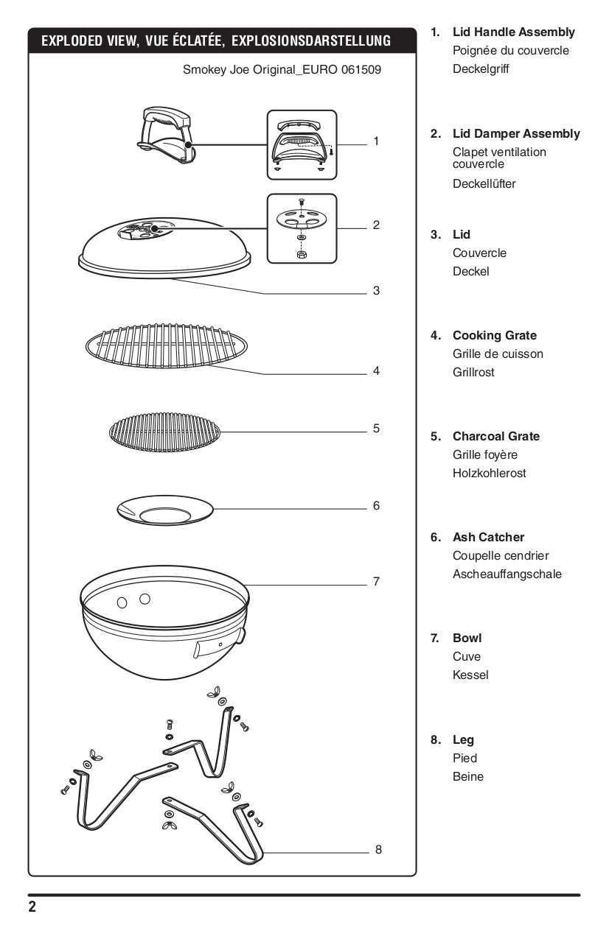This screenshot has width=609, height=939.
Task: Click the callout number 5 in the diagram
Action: [376, 428]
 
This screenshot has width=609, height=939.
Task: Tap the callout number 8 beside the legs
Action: [378, 849]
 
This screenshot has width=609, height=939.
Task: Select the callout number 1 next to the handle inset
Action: [376, 141]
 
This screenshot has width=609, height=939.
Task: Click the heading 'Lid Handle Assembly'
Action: [513, 32]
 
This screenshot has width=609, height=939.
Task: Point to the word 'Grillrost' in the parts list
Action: [473, 373]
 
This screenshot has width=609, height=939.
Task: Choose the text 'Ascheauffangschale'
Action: [507, 574]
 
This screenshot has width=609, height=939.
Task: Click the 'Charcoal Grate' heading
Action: [495, 437]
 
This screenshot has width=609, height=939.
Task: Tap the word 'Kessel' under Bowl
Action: [470, 675]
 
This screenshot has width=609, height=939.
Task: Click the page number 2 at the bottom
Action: [32, 907]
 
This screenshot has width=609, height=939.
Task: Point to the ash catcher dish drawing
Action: [165, 510]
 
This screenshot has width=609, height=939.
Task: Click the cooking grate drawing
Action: [166, 345]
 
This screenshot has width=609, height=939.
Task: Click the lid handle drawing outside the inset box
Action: [165, 133]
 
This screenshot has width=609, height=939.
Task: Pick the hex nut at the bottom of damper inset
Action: [302, 255]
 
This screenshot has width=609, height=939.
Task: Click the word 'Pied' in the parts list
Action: [464, 759]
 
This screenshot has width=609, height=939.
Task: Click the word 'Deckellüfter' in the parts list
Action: [484, 184]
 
